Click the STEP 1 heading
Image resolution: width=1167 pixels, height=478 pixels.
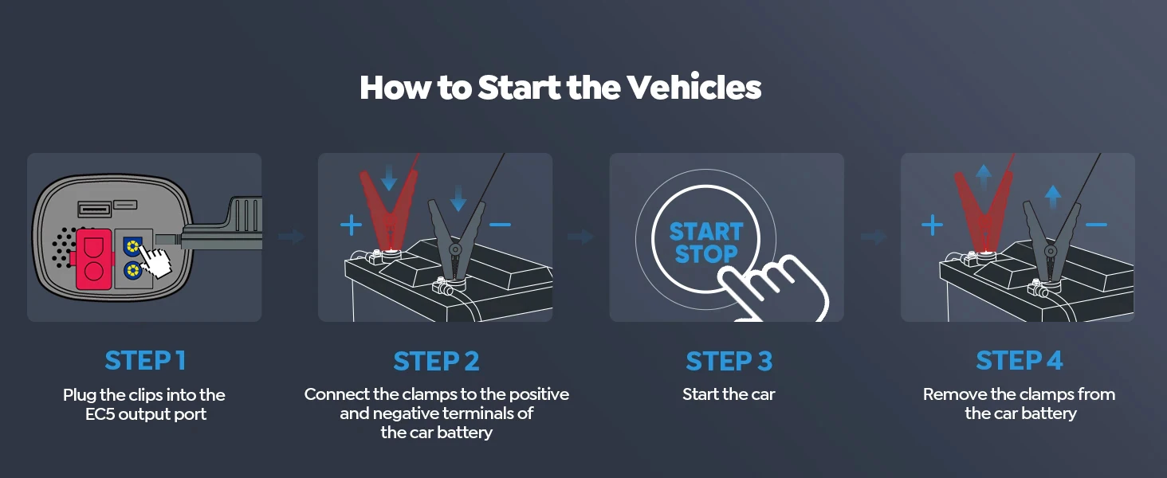tap(145, 361)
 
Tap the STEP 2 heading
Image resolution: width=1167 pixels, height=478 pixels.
tap(436, 362)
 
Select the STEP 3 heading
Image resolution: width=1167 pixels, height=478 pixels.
tap(729, 362)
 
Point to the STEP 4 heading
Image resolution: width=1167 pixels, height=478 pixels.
tap(1020, 361)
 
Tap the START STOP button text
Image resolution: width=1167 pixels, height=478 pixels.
tap(706, 243)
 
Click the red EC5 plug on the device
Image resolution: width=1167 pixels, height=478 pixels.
tap(94, 259)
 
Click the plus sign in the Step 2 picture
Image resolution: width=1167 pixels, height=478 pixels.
tap(351, 225)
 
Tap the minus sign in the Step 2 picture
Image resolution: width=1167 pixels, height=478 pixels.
tap(500, 225)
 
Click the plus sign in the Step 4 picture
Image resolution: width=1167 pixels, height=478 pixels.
tap(933, 225)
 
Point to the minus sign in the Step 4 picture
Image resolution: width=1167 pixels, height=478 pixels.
tap(1096, 225)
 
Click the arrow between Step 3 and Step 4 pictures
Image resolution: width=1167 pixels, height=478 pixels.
tap(874, 237)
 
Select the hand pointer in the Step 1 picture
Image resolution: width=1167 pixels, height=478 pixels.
tap(160, 261)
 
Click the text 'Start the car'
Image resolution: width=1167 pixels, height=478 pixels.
tap(729, 394)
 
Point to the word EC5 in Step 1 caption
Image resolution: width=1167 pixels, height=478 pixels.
tap(100, 414)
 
